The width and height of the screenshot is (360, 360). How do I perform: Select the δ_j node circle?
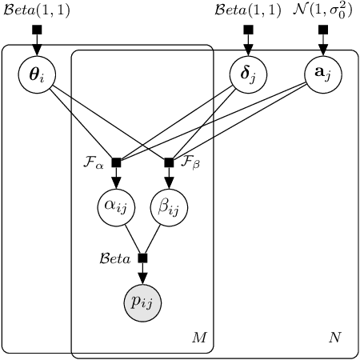click(x=248, y=74)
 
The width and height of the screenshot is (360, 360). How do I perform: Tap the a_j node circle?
click(x=323, y=74)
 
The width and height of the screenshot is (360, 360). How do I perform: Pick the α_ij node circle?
click(x=116, y=208)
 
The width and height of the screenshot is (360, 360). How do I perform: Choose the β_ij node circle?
click(x=169, y=208)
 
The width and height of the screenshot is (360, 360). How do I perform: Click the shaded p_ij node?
click(x=142, y=302)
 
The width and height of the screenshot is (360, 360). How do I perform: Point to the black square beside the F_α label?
click(x=116, y=162)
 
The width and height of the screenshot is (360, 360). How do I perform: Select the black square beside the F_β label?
click(x=169, y=162)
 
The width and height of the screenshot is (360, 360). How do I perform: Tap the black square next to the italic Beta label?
click(x=142, y=258)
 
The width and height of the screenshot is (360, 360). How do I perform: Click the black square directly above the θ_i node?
click(x=36, y=30)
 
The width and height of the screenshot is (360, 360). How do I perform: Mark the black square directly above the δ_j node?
click(x=248, y=30)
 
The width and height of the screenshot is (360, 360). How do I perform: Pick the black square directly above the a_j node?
click(x=323, y=30)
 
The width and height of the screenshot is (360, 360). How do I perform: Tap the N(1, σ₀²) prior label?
click(x=323, y=10)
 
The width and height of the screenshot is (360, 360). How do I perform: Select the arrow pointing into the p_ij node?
click(x=142, y=274)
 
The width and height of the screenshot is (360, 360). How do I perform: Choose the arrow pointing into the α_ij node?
click(x=116, y=180)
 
